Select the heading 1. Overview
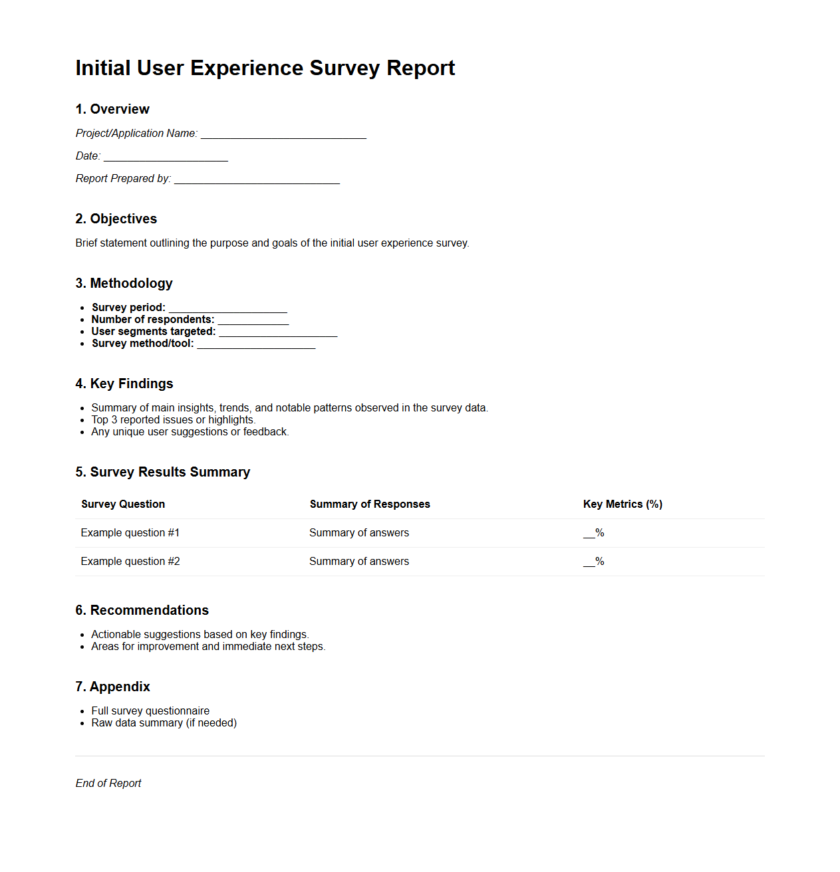coord(112,109)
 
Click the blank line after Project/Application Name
coord(283,134)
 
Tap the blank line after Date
coord(166,157)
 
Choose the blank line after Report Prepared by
coord(257,179)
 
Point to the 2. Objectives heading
coord(116,219)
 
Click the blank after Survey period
coord(228,308)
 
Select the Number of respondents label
coord(153,320)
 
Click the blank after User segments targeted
coord(278,332)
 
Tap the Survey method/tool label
coord(143,344)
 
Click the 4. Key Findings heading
coord(124,383)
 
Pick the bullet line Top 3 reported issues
coord(173,420)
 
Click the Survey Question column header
coord(123,504)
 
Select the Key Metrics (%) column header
coord(623,504)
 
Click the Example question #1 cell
coord(130,533)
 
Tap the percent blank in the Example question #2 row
coord(593,562)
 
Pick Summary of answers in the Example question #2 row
coord(359,562)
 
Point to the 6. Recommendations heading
coord(142,610)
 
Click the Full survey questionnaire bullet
coord(150,711)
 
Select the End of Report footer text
coord(108,784)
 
